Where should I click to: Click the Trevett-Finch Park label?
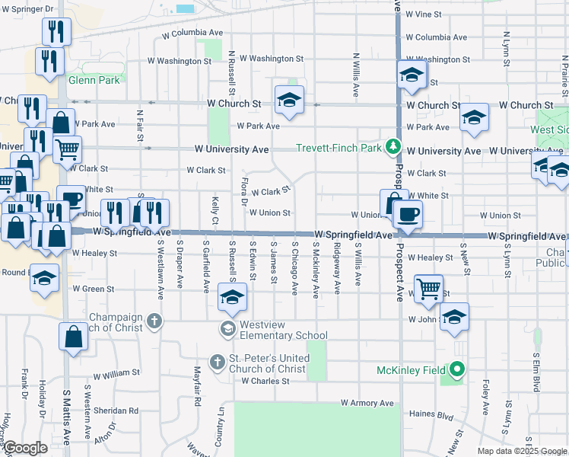(x=339, y=149)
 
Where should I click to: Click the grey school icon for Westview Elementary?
(x=227, y=328)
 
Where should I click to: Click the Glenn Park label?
(x=94, y=79)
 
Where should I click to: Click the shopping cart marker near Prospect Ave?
(x=429, y=289)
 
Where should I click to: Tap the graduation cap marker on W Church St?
(x=289, y=100)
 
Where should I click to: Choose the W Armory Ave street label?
(x=367, y=402)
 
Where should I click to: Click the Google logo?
(x=25, y=448)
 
